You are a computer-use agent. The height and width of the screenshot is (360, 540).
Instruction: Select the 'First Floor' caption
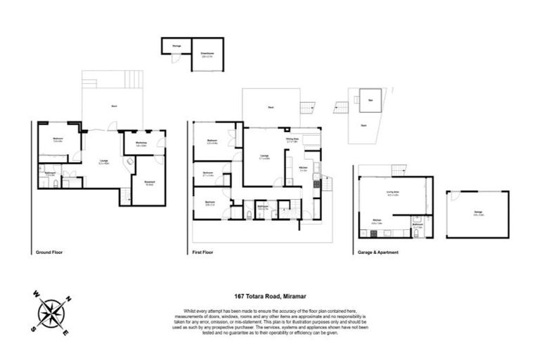pos(202,251)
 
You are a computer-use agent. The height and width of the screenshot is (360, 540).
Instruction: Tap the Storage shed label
pos(176,46)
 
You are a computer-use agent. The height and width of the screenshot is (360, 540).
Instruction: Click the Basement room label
pos(149,183)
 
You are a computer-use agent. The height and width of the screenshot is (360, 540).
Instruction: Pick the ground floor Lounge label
pos(103,161)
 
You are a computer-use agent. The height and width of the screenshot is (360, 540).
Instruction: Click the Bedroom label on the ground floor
pos(58,139)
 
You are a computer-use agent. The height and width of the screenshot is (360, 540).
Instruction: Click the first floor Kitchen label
pos(302,169)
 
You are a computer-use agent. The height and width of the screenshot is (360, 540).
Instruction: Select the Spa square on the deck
pos(370,101)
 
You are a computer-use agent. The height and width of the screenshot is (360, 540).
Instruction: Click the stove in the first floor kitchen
pos(316,184)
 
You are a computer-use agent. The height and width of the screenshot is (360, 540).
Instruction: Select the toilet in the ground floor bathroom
pos(54,184)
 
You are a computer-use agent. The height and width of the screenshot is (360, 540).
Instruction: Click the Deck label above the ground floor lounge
pos(114,106)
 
